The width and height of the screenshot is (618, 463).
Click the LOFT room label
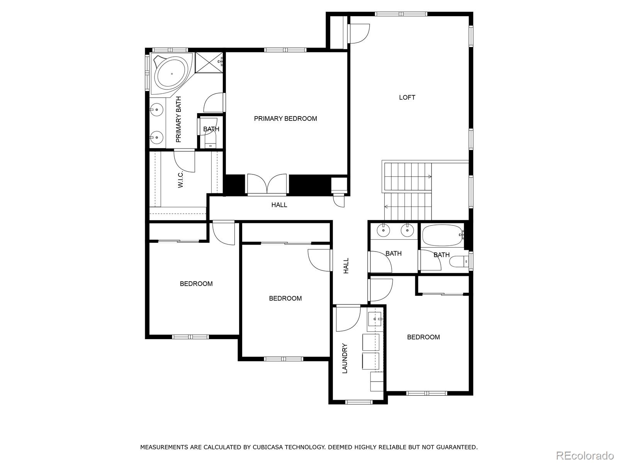coord(407,98)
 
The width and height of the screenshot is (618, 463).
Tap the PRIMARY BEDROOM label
coord(285,118)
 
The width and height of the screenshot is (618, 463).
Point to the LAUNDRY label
coord(345,358)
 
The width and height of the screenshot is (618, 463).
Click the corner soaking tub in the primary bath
coord(172,73)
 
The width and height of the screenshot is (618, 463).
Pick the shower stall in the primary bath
coord(209,63)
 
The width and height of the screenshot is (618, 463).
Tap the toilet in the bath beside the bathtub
coord(458,262)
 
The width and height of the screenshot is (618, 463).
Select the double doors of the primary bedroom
coord(267,184)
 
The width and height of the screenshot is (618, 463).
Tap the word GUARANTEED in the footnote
coord(457,447)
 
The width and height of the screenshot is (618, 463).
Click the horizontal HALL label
coord(279,205)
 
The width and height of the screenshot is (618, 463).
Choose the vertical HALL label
coord(346,266)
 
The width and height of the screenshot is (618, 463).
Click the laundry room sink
coord(374,319)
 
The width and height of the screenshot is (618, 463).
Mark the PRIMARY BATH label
coord(178,119)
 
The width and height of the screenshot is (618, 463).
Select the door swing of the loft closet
coord(359,34)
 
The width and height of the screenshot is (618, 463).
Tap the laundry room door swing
coord(348,319)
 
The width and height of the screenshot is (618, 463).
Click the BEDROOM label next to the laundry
coord(423,337)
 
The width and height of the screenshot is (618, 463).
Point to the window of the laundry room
coord(359,402)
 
